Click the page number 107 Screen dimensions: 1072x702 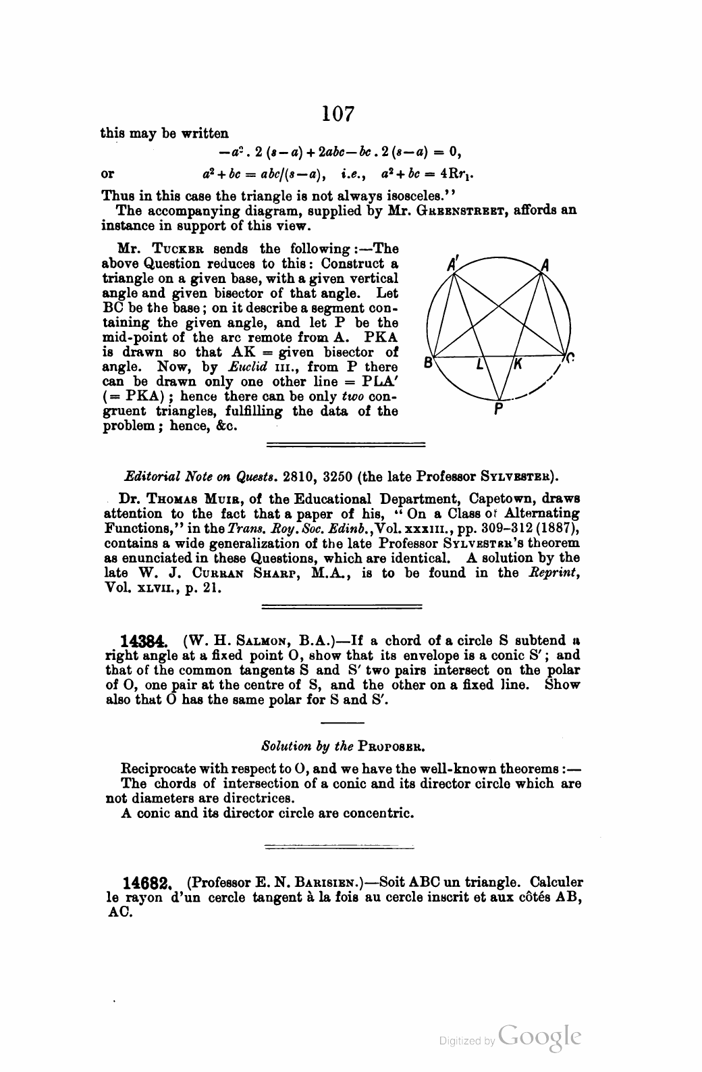[x=338, y=113]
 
